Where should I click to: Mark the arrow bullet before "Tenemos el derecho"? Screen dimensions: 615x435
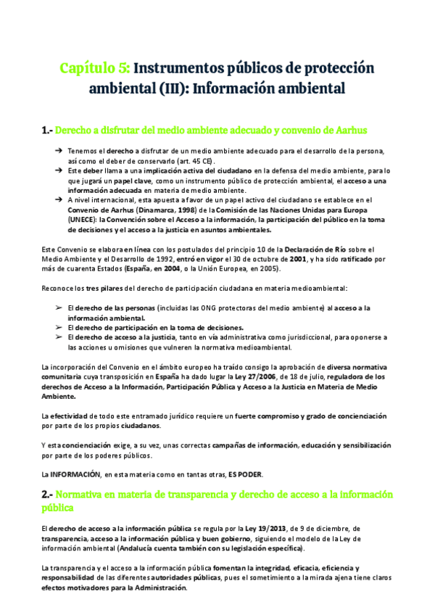pyautogui.click(x=59, y=150)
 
